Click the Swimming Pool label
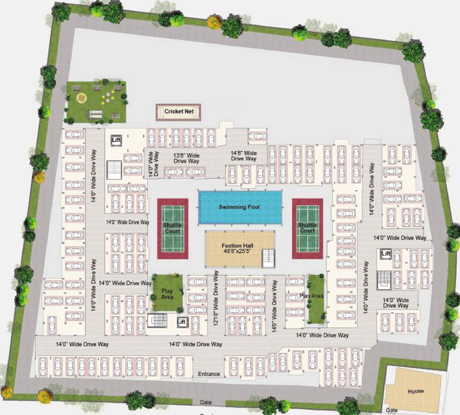pos(240,207)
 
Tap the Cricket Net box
pos(178,112)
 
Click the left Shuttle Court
pos(173,228)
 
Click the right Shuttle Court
pos(307,228)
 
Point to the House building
pos(415,391)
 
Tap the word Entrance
pos(209,374)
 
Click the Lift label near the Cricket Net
pos(116,141)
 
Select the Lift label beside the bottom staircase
pos(182,323)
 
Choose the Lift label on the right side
pos(386,253)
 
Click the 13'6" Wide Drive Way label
pos(186,158)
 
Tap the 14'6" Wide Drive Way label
pos(243,155)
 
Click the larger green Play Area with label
pos(167,292)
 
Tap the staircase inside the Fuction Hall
pos(268,258)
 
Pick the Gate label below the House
pos(392,410)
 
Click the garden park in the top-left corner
pos(96,101)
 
